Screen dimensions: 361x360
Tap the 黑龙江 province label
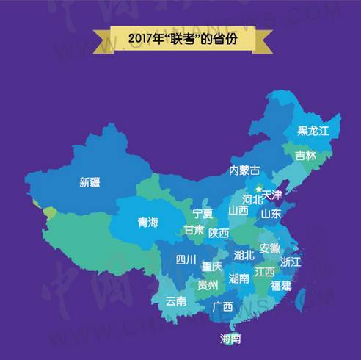click(x=313, y=131)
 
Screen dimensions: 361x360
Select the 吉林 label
click(x=306, y=156)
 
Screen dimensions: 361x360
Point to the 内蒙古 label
click(x=244, y=170)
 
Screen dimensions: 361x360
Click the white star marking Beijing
click(x=258, y=190)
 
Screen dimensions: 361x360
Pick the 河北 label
click(x=252, y=199)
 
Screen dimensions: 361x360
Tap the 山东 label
click(x=271, y=215)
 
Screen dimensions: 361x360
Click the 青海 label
click(x=147, y=223)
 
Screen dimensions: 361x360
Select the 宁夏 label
click(x=203, y=214)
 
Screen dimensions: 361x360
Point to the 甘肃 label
click(x=194, y=230)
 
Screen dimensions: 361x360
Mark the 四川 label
click(x=186, y=259)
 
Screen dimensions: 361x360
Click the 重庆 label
click(x=213, y=266)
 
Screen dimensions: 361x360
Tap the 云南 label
click(x=176, y=300)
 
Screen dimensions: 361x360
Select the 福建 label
click(x=281, y=286)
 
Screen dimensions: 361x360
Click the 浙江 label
click(x=291, y=262)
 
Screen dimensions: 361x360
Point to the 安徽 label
click(x=269, y=249)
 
